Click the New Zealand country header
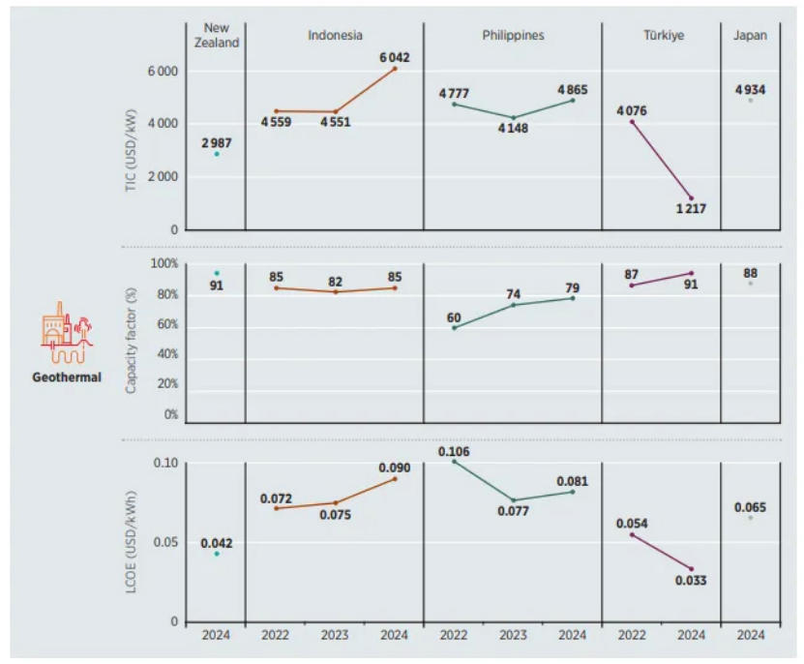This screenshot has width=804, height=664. [x=216, y=36]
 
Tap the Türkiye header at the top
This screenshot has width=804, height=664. [x=663, y=36]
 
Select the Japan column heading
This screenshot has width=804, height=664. [x=750, y=36]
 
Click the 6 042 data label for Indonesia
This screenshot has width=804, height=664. [x=394, y=57]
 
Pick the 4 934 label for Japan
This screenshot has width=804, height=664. [x=750, y=89]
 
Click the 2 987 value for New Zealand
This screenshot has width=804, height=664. [x=217, y=143]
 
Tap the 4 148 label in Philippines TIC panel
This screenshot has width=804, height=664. [x=514, y=129]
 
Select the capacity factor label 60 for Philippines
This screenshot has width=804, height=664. [x=455, y=317]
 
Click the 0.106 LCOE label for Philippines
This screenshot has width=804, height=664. [x=454, y=451]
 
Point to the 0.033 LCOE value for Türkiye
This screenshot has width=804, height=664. [x=691, y=581]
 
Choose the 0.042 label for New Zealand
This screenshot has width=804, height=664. [x=217, y=543]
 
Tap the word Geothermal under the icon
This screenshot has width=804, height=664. [x=66, y=378]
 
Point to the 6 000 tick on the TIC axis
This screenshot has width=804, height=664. [x=162, y=71]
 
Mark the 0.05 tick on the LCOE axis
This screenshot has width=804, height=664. [x=165, y=542]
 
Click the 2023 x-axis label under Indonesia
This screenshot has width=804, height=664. [x=335, y=636]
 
